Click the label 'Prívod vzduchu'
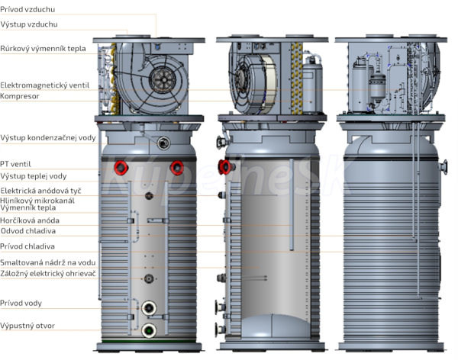(27, 9)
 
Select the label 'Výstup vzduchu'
(29, 24)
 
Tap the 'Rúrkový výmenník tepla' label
(43, 49)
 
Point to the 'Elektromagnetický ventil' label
(45, 85)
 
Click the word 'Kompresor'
(20, 96)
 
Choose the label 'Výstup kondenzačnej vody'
(48, 138)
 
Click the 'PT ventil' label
(15, 164)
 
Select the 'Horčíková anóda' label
(30, 220)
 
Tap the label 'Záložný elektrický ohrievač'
(48, 274)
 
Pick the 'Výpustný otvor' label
(27, 326)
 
